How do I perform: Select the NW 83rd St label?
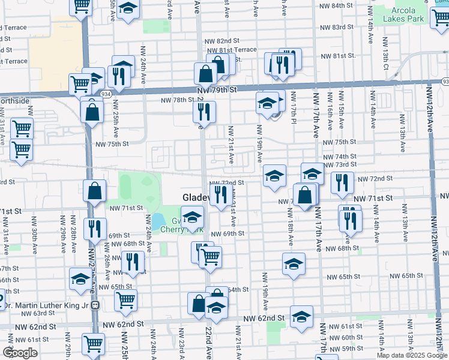(336, 28)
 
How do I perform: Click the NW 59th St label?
(348, 348)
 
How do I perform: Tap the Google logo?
(20, 353)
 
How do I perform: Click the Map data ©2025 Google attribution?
(412, 355)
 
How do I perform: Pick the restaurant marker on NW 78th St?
(204, 112)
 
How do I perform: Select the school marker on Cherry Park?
(193, 217)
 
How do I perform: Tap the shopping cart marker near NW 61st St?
(94, 344)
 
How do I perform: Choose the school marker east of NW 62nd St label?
(301, 316)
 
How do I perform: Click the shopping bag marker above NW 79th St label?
(205, 74)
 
